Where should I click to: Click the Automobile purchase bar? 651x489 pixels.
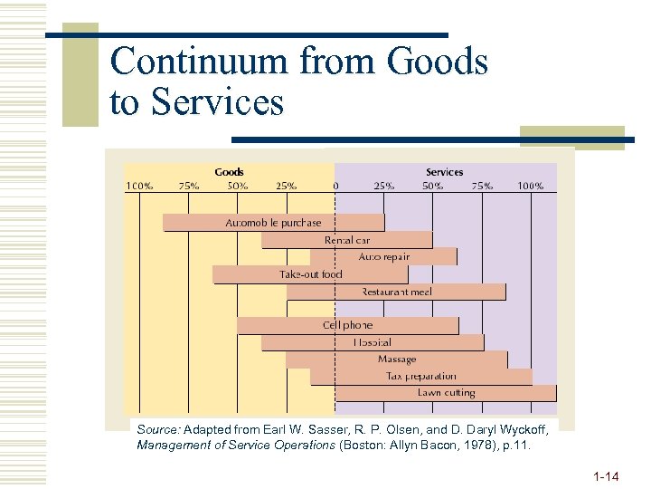point(273,223)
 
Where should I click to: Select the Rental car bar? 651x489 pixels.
point(347,240)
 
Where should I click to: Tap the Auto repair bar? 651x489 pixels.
point(383,257)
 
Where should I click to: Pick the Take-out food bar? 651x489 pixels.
point(310,274)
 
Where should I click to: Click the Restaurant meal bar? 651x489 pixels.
point(396,292)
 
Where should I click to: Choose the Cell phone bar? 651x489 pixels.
point(347,325)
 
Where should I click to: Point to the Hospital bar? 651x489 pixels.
point(373,342)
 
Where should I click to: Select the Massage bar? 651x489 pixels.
point(397,360)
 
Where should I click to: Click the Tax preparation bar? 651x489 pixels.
point(420,376)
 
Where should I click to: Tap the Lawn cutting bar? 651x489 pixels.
point(446,393)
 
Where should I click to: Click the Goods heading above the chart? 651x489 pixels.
point(229,172)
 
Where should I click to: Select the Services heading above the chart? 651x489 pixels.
point(444,172)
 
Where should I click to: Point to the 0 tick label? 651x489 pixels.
point(336,186)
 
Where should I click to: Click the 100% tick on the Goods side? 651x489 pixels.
point(139,186)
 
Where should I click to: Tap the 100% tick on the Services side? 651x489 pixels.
point(531,186)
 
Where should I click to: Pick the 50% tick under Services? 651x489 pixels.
point(433,186)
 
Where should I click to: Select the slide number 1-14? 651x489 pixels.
point(606,475)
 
